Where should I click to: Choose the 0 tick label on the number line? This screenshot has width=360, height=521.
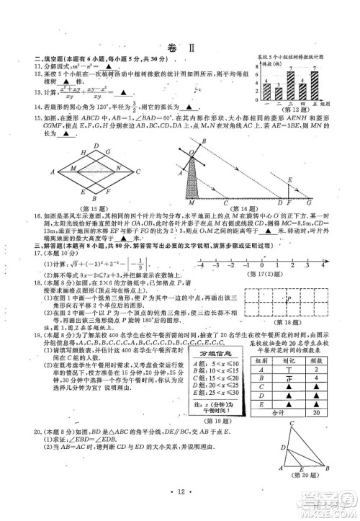260,265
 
